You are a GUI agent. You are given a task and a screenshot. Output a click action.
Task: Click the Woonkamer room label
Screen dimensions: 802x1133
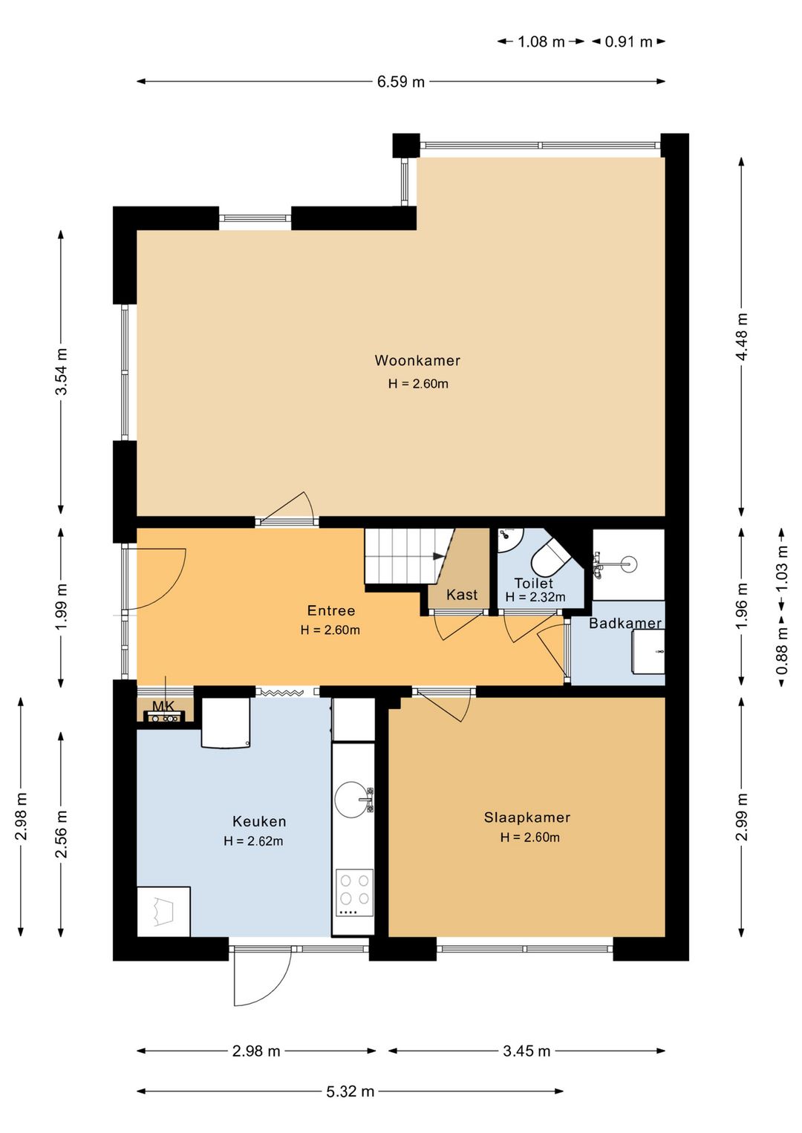coord(417,361)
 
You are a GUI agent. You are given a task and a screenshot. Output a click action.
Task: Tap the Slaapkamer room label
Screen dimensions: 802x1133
coord(526,817)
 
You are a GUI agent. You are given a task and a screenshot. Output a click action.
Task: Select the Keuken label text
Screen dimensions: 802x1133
coord(259,821)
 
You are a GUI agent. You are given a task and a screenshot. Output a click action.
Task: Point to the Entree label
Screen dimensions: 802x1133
coord(331,610)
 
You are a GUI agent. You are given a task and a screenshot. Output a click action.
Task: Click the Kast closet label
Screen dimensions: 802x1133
coord(461,594)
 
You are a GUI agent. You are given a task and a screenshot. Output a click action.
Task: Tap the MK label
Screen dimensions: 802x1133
coord(163,705)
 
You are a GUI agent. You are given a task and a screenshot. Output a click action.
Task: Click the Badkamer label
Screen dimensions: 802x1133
coord(625,623)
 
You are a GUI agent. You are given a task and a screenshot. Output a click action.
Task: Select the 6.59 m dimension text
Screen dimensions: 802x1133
coord(401,82)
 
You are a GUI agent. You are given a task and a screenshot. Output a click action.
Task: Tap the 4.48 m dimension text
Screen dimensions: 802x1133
coord(742,337)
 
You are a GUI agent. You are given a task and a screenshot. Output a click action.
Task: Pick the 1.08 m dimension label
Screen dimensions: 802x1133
coord(541,42)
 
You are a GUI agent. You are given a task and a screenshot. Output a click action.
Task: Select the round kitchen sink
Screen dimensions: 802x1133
coord(352,799)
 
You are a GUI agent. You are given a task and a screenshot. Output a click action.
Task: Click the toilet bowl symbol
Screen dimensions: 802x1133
coord(550,558)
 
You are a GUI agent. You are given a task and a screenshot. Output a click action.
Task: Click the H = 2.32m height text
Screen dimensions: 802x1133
coord(535,598)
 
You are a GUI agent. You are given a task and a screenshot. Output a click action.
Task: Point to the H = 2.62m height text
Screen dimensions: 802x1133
coord(253,841)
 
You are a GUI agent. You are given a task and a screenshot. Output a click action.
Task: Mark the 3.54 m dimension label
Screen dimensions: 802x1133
coord(62,372)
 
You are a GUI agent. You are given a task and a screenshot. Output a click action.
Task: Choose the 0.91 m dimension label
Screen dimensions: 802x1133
coord(628,42)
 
